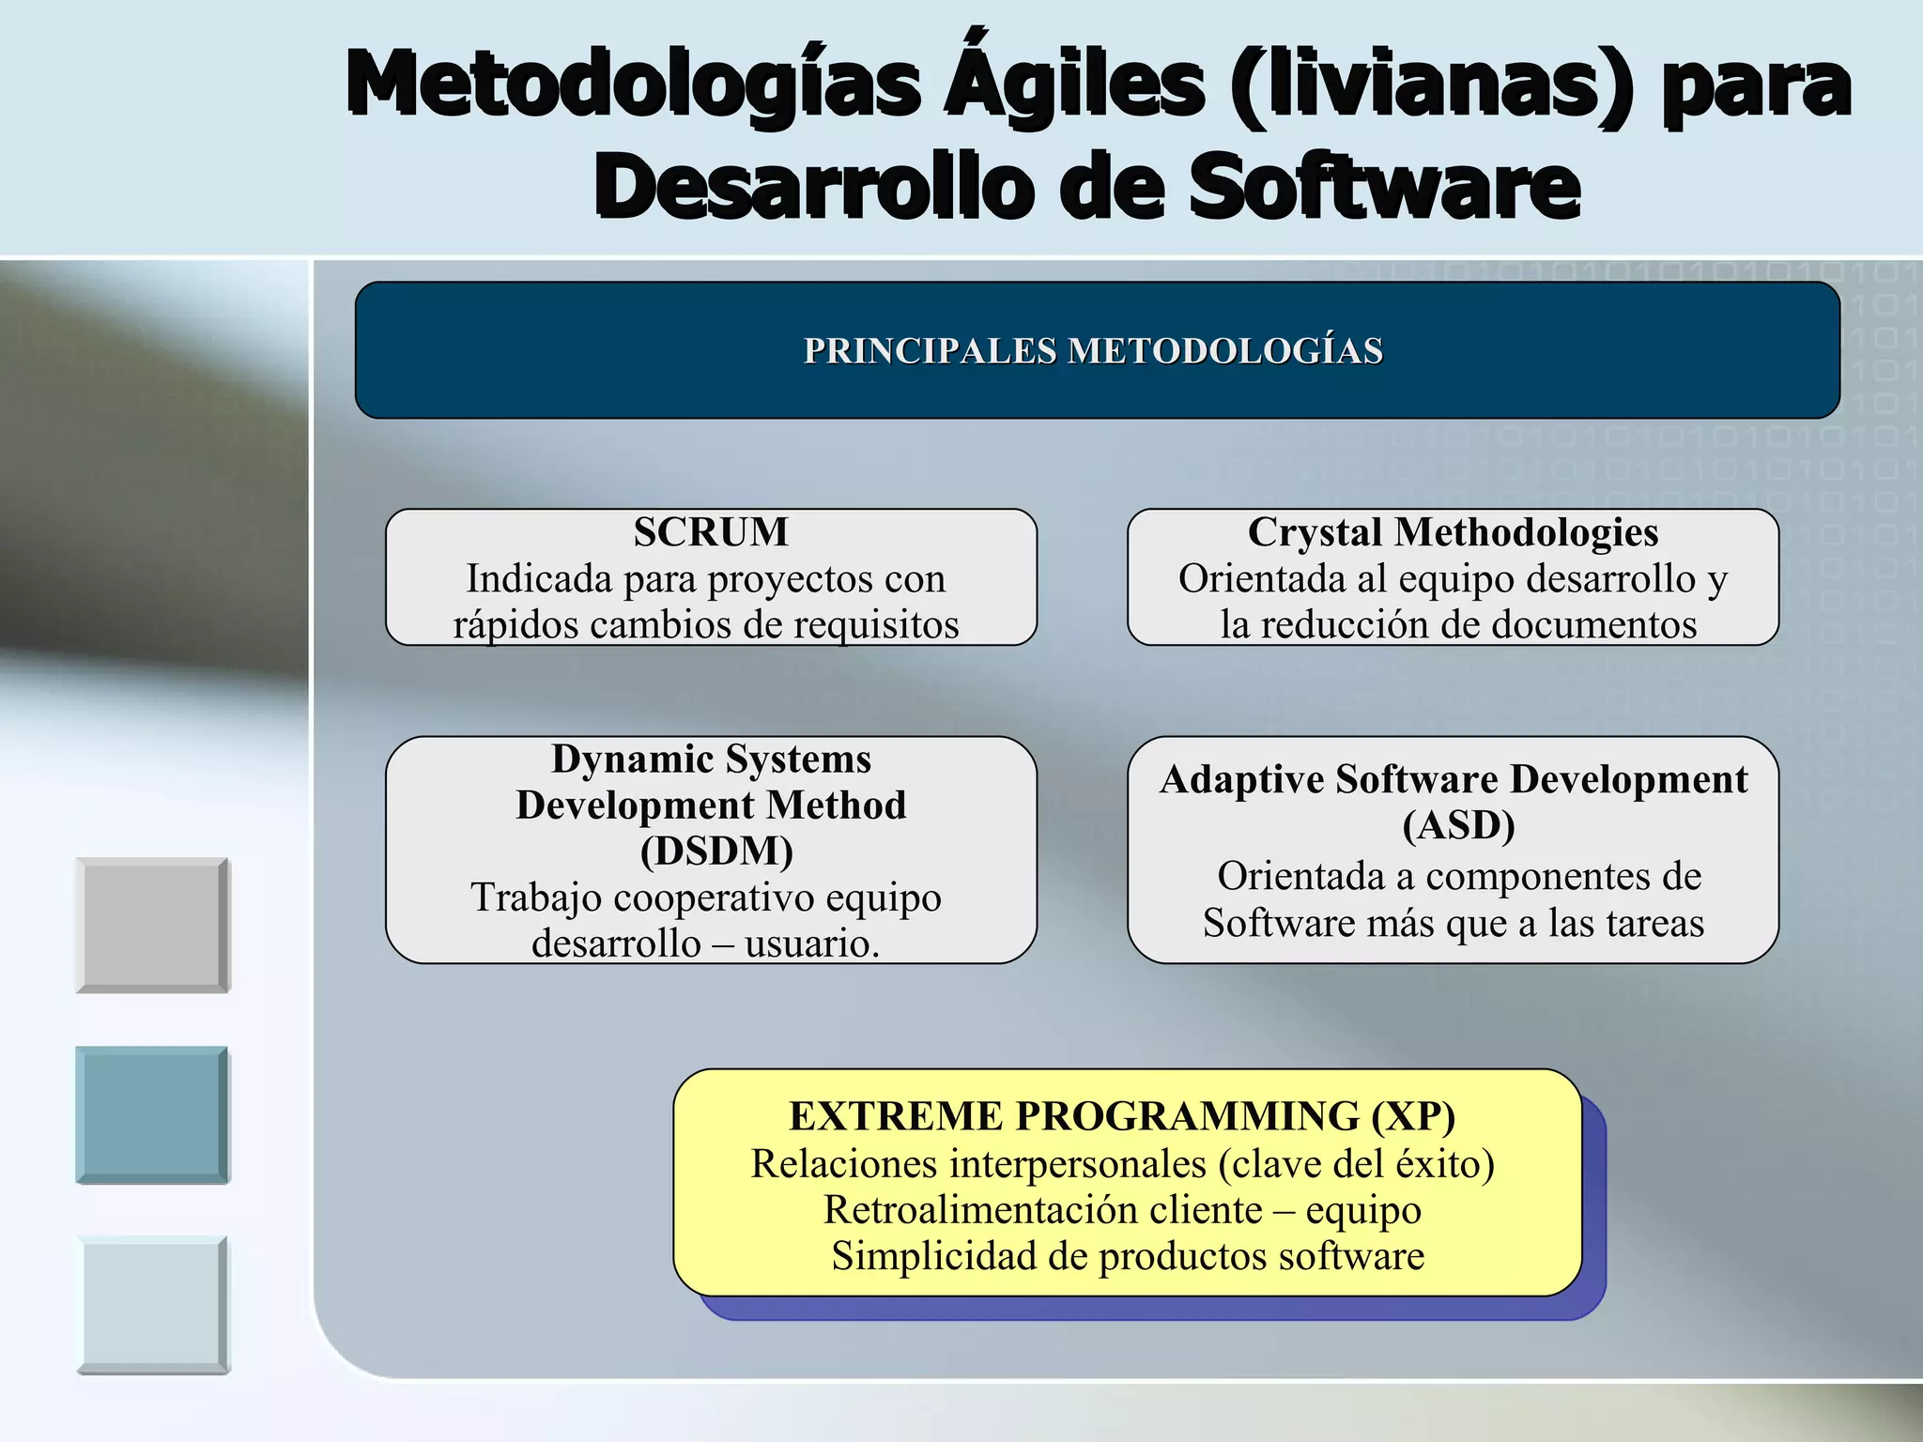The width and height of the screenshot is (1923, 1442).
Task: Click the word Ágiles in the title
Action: pyautogui.click(x=1074, y=86)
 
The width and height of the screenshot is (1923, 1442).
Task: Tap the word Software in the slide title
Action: pyautogui.click(x=1384, y=188)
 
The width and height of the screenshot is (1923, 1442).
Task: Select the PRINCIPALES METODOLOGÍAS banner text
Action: pyautogui.click(x=1093, y=351)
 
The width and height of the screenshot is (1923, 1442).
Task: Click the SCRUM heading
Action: pyautogui.click(x=711, y=532)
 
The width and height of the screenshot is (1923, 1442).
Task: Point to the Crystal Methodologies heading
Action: pyautogui.click(x=1453, y=532)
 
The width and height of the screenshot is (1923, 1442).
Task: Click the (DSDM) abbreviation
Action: pyautogui.click(x=716, y=851)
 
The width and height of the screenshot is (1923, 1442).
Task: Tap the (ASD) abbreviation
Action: pyautogui.click(x=1458, y=825)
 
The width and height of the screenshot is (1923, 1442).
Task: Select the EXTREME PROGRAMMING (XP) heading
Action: pyautogui.click(x=1122, y=1116)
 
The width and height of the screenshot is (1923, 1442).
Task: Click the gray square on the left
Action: pyautogui.click(x=152, y=925)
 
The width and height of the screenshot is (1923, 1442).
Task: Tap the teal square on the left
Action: pyautogui.click(x=152, y=1114)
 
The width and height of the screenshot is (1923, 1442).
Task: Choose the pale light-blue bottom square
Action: pyautogui.click(x=152, y=1305)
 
